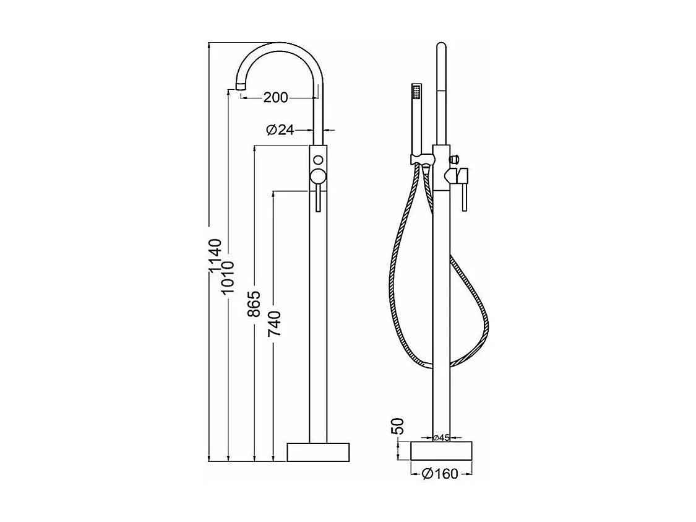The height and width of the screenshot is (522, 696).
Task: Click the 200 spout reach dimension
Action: pyautogui.click(x=276, y=97)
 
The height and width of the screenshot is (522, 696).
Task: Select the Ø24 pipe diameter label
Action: pyautogui.click(x=280, y=129)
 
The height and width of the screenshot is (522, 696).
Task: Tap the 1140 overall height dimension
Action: pyautogui.click(x=215, y=256)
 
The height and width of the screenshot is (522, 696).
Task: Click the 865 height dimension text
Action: pyautogui.click(x=254, y=305)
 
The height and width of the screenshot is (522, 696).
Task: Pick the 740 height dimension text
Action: pyautogui.click(x=274, y=323)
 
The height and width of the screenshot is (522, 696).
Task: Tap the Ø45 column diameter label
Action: pyautogui.click(x=441, y=438)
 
